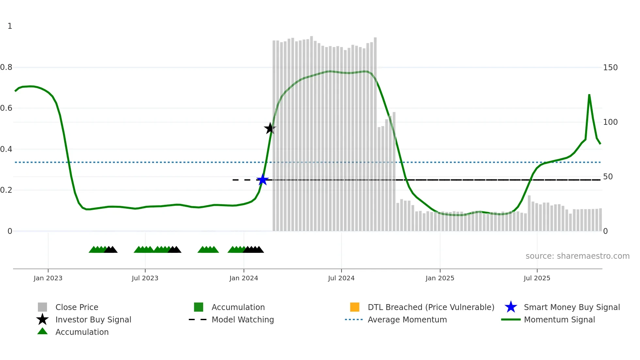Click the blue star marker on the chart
point(263,180)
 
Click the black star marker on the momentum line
point(270,128)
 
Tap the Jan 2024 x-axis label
point(244,278)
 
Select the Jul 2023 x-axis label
point(145,278)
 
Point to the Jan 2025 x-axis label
point(440,278)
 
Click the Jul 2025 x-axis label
point(537,278)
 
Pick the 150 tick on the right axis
point(610,68)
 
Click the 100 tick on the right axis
point(610,122)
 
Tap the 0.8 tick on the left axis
point(6,68)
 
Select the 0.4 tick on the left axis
point(6,149)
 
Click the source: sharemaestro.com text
point(577,256)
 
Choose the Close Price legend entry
point(77,307)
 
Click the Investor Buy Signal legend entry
point(93,320)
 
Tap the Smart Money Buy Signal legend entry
point(571,307)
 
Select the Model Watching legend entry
point(243,320)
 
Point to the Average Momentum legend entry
point(407,320)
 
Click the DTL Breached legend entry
point(431,307)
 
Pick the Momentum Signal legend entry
point(559,320)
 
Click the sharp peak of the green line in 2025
point(589,95)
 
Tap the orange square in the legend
point(355,307)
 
